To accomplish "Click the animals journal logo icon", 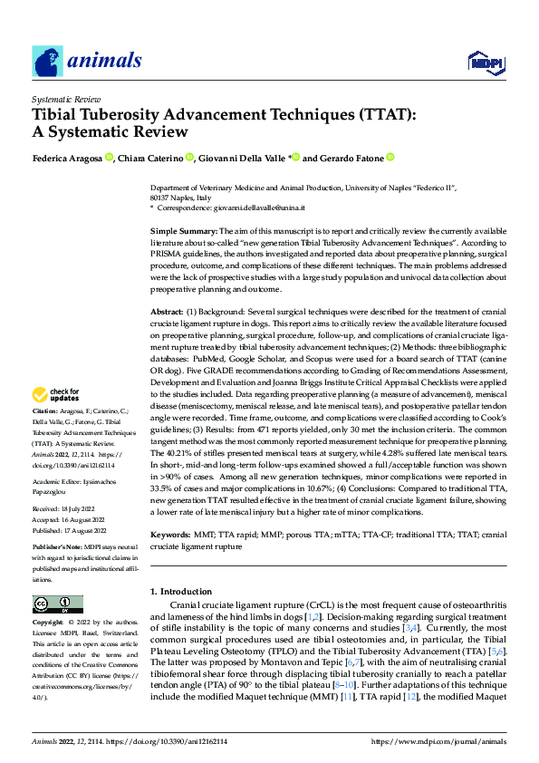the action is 47,61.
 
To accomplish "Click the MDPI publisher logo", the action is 486,62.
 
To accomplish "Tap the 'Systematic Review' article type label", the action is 66,97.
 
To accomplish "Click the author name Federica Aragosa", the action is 67,158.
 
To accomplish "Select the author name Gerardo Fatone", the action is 351,158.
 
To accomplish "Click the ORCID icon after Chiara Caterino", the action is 190,158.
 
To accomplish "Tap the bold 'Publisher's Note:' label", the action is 57,549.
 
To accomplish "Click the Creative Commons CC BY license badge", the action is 57,604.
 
